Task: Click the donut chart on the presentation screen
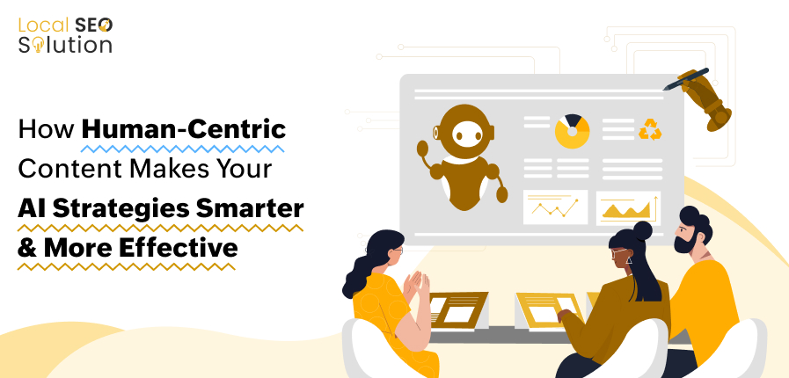[573, 130]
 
